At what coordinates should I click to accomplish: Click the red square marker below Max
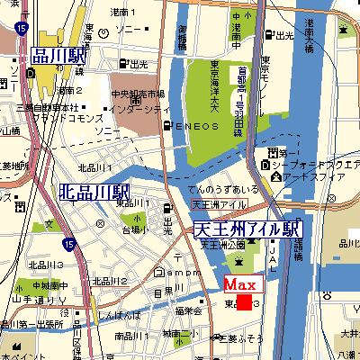click(243, 301)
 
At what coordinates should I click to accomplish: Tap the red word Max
click(240, 285)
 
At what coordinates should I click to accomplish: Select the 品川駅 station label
click(57, 56)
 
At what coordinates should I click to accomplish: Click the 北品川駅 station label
click(94, 192)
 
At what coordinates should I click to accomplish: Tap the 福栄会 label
click(187, 310)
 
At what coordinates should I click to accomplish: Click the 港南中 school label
click(235, 27)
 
